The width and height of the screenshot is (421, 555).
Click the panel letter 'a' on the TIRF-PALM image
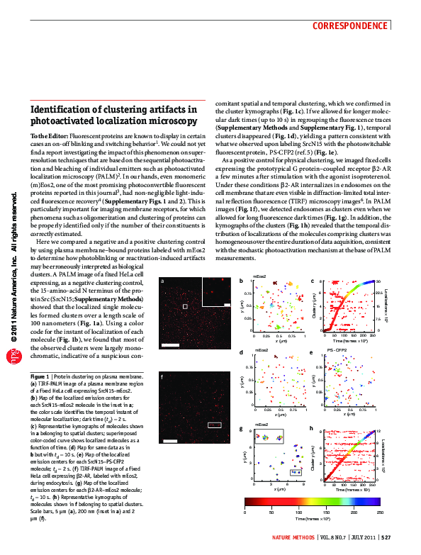pos(162,281)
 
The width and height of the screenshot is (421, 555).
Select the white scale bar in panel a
pos(171,344)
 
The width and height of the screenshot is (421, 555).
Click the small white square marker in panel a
pos(186,305)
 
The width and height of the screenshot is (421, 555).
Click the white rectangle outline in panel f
pos(215,425)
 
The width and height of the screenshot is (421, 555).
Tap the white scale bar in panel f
pos(170,459)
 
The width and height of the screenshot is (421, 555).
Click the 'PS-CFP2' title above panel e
pos(337,350)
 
